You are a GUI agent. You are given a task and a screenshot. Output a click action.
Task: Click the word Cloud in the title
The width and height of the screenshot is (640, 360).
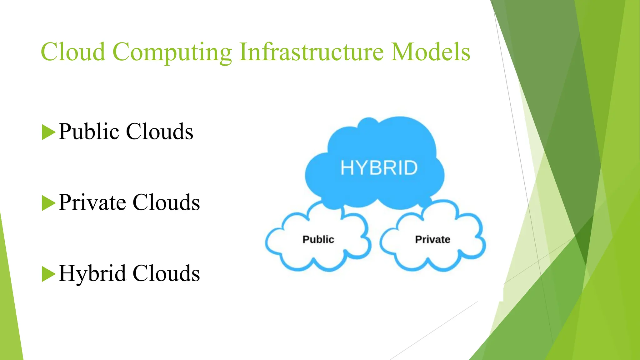click(x=73, y=52)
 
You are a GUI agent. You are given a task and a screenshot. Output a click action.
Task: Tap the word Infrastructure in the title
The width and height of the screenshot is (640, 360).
click(x=311, y=52)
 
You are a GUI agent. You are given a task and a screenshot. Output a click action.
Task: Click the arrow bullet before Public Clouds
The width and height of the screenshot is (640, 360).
click(x=48, y=132)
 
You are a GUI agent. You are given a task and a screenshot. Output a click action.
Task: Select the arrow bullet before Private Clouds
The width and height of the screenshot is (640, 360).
click(x=48, y=203)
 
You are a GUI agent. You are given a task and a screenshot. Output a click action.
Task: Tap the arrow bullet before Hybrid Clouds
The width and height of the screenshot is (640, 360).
click(x=48, y=274)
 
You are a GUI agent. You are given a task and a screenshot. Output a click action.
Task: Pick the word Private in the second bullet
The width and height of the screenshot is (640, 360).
click(x=92, y=202)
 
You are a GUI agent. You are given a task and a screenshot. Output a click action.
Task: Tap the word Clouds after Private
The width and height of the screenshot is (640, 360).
click(x=166, y=202)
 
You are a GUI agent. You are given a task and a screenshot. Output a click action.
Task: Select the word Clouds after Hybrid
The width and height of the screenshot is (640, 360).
click(x=166, y=273)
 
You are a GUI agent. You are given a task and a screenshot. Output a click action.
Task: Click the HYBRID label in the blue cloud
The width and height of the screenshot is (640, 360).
click(x=379, y=168)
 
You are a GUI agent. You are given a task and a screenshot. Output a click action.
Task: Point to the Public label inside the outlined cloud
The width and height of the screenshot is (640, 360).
click(x=318, y=239)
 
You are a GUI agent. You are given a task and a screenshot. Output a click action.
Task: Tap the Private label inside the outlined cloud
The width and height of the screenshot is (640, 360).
click(x=432, y=239)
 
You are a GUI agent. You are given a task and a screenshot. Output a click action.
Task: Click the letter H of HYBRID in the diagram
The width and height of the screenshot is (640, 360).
click(x=347, y=168)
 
